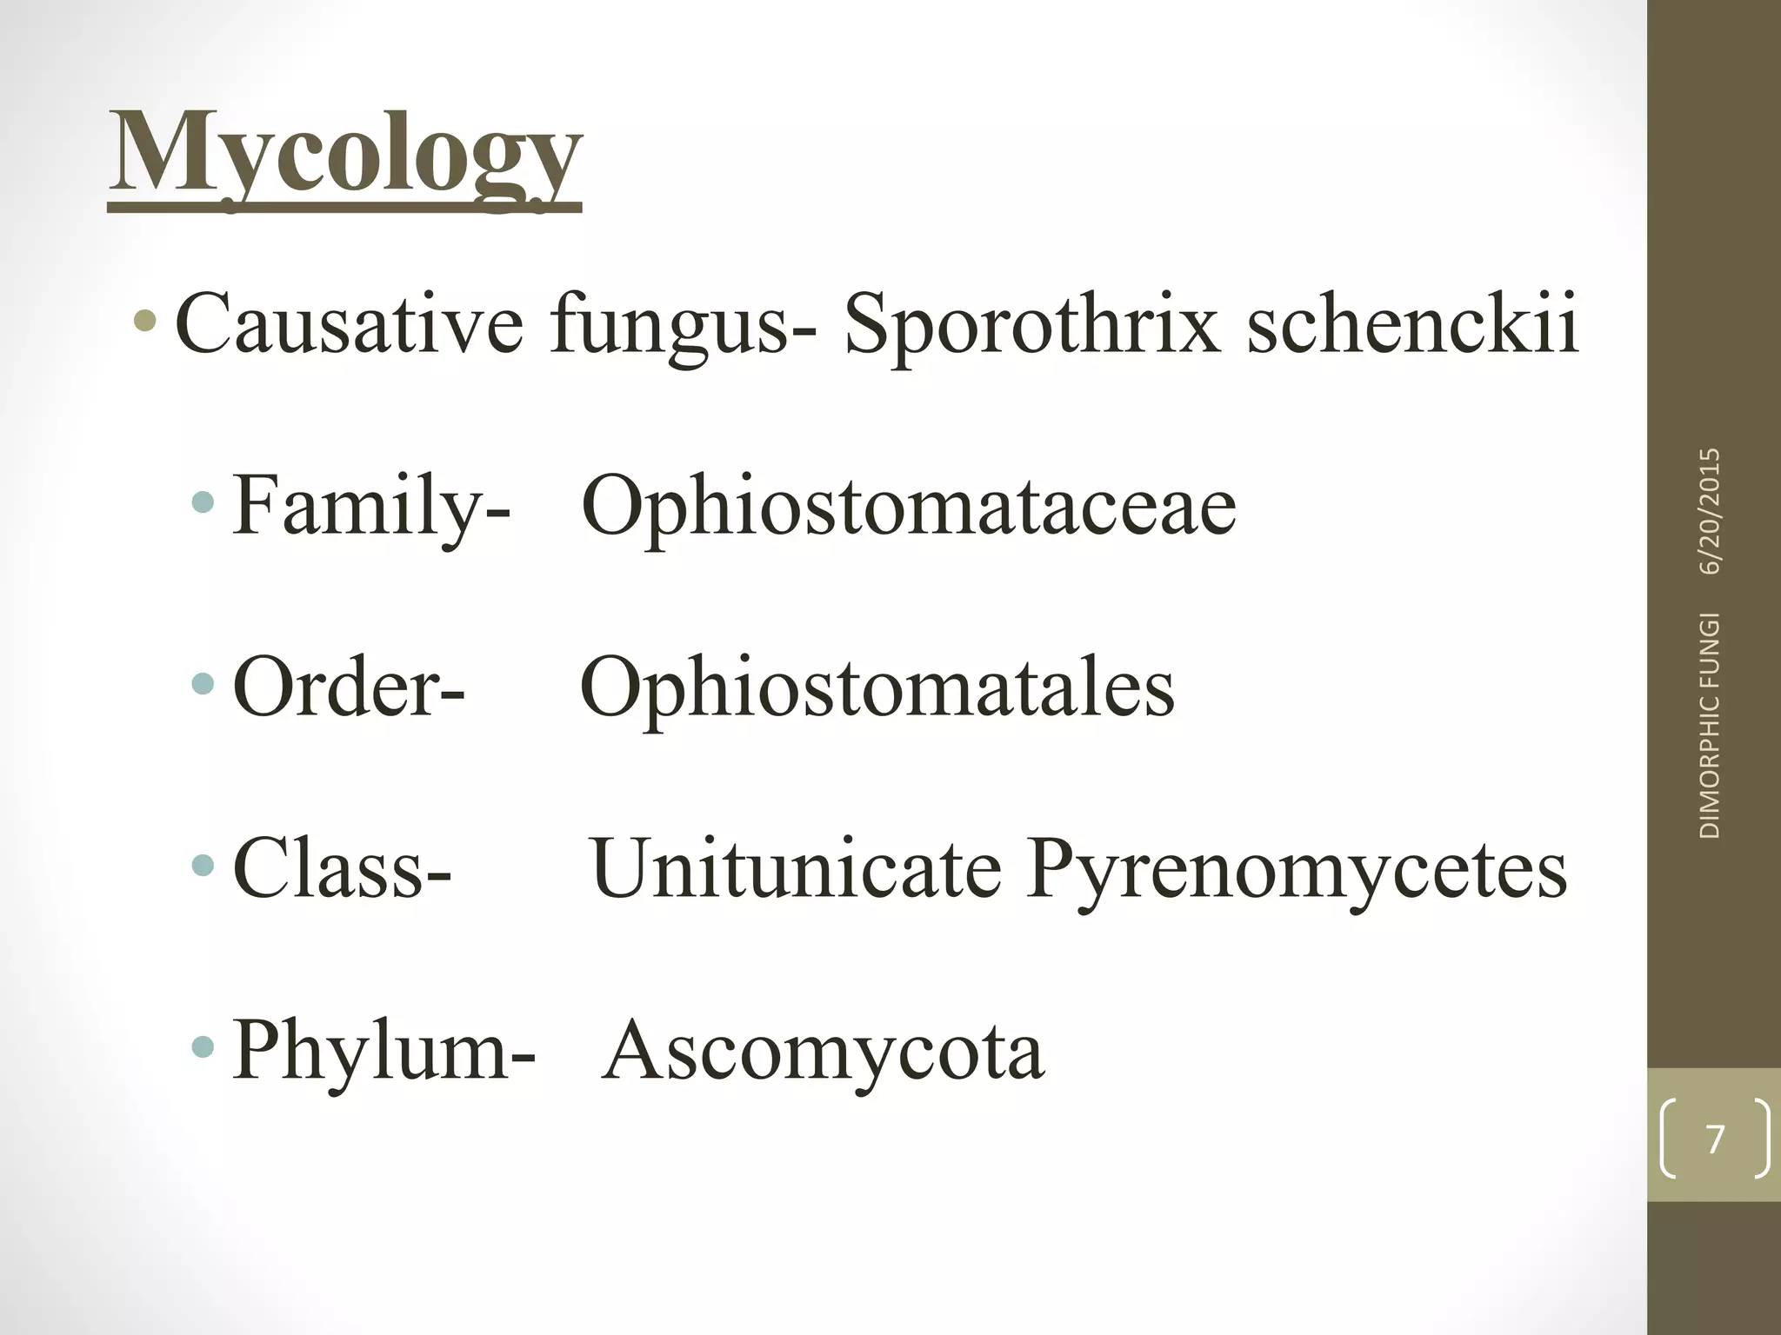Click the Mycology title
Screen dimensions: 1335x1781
[344, 156]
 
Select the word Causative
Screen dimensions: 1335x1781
[349, 324]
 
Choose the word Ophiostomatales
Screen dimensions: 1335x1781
[877, 687]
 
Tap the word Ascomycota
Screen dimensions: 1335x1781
[823, 1052]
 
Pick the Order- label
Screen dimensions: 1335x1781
[349, 687]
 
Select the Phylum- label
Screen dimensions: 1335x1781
[384, 1052]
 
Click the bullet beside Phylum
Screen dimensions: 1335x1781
[203, 1046]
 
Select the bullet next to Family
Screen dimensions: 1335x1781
[203, 501]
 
